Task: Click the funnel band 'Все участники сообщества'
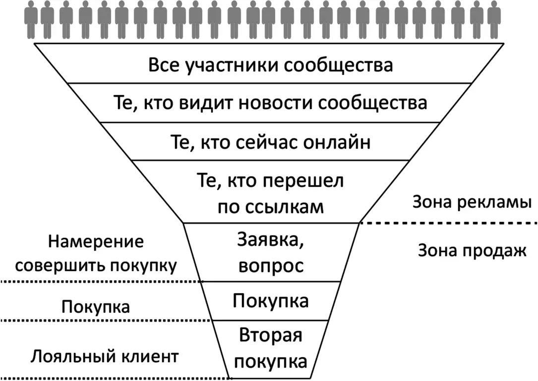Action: [270, 65]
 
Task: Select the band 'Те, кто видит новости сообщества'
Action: [270, 104]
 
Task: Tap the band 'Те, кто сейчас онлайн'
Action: [270, 143]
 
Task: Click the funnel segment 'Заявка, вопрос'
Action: [270, 253]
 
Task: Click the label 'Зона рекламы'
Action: [472, 203]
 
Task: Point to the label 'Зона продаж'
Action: [472, 251]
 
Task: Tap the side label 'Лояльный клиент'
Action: [105, 356]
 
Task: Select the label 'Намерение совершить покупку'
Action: [96, 253]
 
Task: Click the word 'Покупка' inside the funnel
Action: [270, 301]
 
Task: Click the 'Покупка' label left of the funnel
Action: [96, 307]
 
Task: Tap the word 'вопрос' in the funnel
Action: [270, 266]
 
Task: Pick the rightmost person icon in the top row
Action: [493, 20]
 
